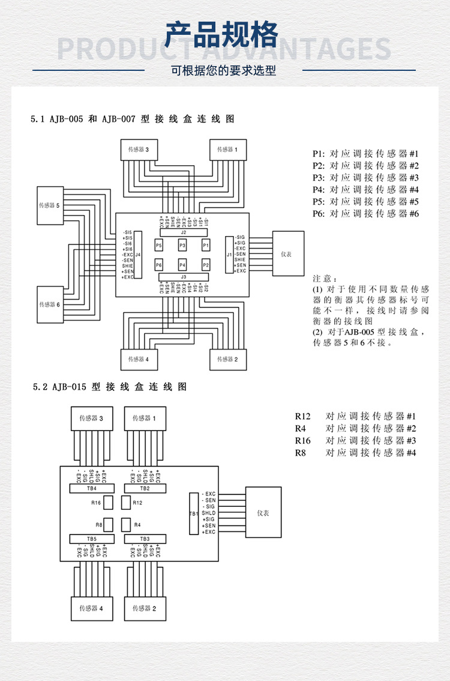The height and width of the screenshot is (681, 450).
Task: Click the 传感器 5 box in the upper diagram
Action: pyautogui.click(x=50, y=205)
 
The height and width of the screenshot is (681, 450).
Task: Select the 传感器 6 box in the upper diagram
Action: pyautogui.click(x=50, y=304)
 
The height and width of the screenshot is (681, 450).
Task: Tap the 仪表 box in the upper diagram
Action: pyautogui.click(x=287, y=254)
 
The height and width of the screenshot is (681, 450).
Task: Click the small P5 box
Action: pyautogui.click(x=159, y=246)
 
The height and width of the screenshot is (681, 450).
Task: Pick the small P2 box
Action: pyautogui.click(x=206, y=265)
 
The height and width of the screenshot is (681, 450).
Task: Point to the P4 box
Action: pyautogui.click(x=182, y=265)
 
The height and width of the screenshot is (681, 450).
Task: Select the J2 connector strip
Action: pyautogui.click(x=184, y=232)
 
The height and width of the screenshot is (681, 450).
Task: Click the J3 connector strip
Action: pyautogui.click(x=184, y=277)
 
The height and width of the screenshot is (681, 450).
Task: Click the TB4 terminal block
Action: pyautogui.click(x=92, y=488)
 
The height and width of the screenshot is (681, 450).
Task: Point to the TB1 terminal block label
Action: pyautogui.click(x=193, y=514)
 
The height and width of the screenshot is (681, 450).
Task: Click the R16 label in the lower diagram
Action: pyautogui.click(x=96, y=503)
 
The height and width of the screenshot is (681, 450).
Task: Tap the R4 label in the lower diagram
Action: pyautogui.click(x=137, y=524)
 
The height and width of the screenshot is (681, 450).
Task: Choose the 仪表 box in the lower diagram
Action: pyautogui.click(x=263, y=513)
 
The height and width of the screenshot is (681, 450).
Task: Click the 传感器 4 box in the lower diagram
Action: pyautogui.click(x=92, y=608)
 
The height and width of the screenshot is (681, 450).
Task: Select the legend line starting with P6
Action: pyautogui.click(x=365, y=214)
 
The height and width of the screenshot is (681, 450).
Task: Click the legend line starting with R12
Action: pyautogui.click(x=355, y=416)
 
